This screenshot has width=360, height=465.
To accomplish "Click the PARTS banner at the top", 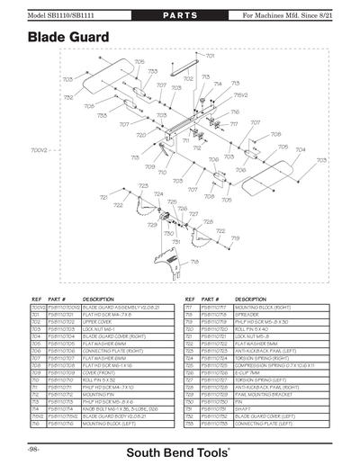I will tap(180, 15).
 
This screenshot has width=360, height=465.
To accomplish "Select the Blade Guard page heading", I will tap(68, 37).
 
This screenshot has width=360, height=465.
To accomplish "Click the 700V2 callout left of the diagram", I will tap(39, 150).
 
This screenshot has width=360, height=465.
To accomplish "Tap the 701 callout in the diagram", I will tap(211, 56).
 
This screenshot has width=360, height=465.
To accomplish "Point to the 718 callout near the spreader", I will tap(194, 261).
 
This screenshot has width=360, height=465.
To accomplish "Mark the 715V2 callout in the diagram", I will tap(241, 94).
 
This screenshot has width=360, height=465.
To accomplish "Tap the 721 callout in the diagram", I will tap(103, 196).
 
